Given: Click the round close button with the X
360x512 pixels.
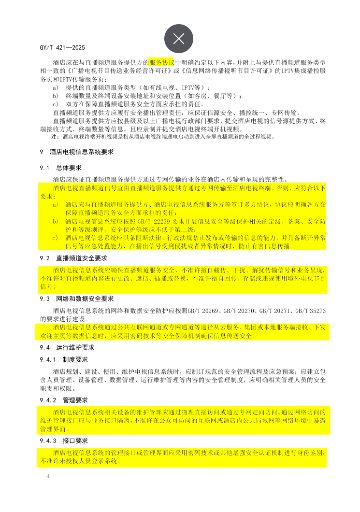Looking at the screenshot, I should click(x=179, y=39).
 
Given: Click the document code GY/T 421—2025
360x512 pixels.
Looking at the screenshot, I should click(x=63, y=48).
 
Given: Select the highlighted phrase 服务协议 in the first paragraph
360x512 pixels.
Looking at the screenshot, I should click(x=161, y=63).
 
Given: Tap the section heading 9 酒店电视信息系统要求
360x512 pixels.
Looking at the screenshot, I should click(x=77, y=152).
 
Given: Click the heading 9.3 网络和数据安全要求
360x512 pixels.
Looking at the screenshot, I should click(x=77, y=299).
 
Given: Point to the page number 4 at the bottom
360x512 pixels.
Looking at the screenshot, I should click(x=48, y=477).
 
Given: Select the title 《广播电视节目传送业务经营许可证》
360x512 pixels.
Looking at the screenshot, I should click(x=118, y=71).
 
